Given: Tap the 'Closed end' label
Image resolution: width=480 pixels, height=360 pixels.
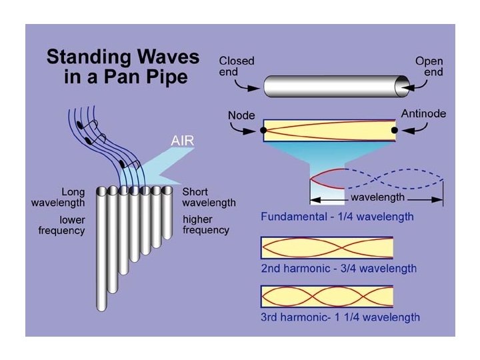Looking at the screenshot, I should point(237,67).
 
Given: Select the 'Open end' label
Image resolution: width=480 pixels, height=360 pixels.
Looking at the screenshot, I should point(429,67).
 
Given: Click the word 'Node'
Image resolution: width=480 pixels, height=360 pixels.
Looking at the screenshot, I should point(241,115).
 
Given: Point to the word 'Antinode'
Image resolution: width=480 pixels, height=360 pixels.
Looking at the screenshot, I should point(423,114).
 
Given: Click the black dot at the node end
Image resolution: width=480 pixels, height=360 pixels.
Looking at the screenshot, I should point(263,130).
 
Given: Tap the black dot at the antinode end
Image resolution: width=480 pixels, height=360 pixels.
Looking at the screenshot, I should point(395,130).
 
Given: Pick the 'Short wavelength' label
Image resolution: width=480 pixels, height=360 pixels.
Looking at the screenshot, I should point(209,197).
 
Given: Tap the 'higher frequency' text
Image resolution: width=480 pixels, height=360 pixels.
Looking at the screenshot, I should point(206,225).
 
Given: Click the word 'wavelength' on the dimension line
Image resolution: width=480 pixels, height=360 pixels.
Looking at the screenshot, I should point(377,198).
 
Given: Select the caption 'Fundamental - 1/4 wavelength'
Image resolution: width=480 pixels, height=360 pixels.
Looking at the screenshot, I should point(337,217).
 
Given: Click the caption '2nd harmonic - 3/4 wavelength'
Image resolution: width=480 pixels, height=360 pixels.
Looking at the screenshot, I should point(338,269).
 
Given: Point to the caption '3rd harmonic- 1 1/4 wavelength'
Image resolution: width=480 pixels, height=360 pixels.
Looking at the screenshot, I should point(340,317).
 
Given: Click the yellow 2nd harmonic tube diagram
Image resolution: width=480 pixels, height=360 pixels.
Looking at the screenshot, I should point(327,247).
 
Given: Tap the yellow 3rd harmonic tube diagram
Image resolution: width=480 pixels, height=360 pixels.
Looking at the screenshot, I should point(327,295).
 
